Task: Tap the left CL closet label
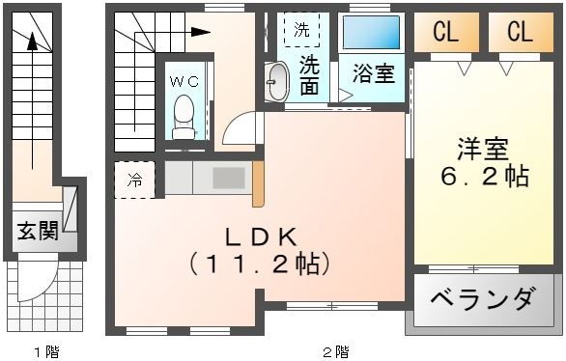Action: (x=445, y=32)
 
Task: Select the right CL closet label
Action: (x=519, y=32)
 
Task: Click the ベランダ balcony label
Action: (x=482, y=299)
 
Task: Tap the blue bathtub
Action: (x=372, y=32)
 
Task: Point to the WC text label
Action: (x=184, y=82)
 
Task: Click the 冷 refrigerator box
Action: (x=134, y=180)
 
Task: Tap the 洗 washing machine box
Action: (x=302, y=30)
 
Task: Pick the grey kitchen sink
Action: (x=230, y=179)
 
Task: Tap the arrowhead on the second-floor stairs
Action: (x=203, y=32)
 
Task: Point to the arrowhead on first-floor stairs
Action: (x=32, y=42)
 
